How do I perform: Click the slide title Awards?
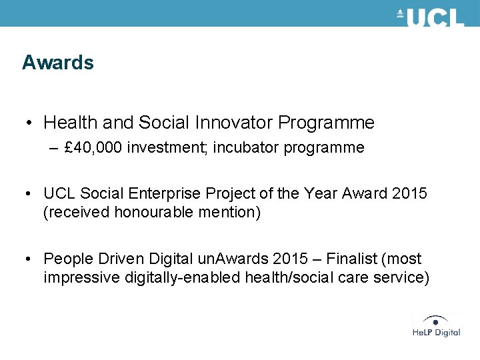(x=57, y=63)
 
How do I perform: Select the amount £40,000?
(x=93, y=148)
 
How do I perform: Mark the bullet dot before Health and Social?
(x=29, y=123)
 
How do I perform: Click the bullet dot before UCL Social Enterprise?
(x=29, y=194)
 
